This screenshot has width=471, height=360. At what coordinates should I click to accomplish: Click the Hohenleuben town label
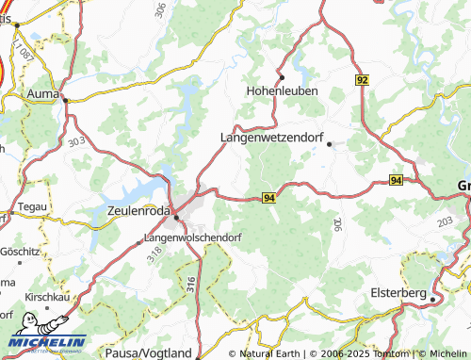pyautogui.click(x=282, y=90)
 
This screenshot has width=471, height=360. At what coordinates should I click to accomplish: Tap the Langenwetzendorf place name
pyautogui.click(x=271, y=137)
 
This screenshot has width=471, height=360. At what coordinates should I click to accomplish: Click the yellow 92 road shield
pyautogui.click(x=362, y=81)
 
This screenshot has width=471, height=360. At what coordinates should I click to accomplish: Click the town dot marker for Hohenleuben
pyautogui.click(x=280, y=76)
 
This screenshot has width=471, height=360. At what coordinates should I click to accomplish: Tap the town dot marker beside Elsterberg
pyautogui.click(x=432, y=300)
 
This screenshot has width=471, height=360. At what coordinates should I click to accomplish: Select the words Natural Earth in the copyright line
pyautogui.click(x=270, y=353)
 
